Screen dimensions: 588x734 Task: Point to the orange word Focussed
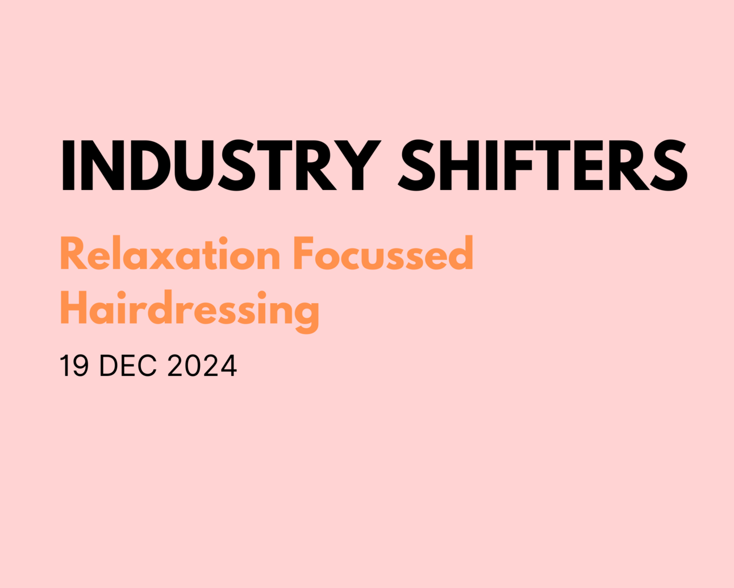click(383, 255)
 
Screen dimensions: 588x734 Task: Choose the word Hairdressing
click(189, 310)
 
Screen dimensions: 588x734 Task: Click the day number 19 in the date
click(74, 366)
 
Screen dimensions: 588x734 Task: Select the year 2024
click(202, 366)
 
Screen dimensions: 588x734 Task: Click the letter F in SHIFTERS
click(519, 165)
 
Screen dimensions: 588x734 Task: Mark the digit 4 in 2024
click(228, 366)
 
